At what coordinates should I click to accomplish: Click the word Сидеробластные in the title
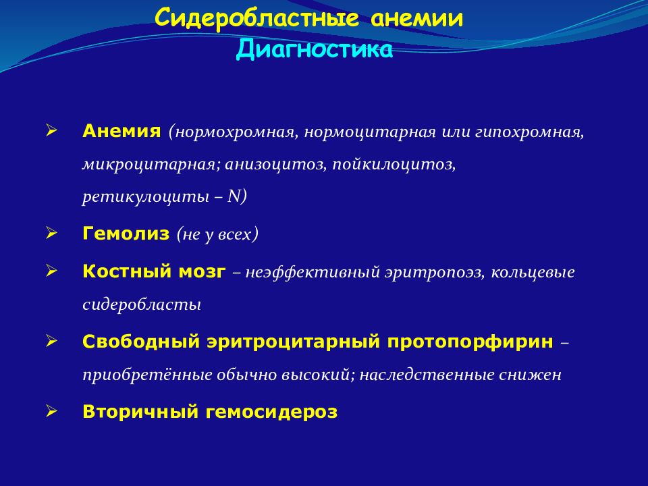(x=256, y=19)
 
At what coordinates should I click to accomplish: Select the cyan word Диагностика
(x=314, y=49)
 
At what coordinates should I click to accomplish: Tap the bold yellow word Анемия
(x=122, y=131)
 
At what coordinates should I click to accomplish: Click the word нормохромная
(x=236, y=133)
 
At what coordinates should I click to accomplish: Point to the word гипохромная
(x=529, y=133)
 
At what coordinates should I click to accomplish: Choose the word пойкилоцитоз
(x=394, y=165)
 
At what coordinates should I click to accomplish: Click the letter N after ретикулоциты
(x=234, y=196)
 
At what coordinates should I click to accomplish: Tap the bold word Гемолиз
(x=126, y=234)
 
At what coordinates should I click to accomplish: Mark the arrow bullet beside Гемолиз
(x=51, y=234)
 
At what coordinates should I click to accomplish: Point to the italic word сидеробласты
(x=142, y=304)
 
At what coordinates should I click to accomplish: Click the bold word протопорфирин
(x=470, y=342)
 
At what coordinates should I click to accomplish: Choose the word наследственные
(x=427, y=375)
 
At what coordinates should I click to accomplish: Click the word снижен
(x=531, y=375)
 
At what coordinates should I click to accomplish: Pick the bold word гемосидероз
(x=271, y=412)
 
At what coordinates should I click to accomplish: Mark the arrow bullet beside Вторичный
(x=51, y=412)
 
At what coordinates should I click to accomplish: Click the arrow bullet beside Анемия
(x=51, y=131)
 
